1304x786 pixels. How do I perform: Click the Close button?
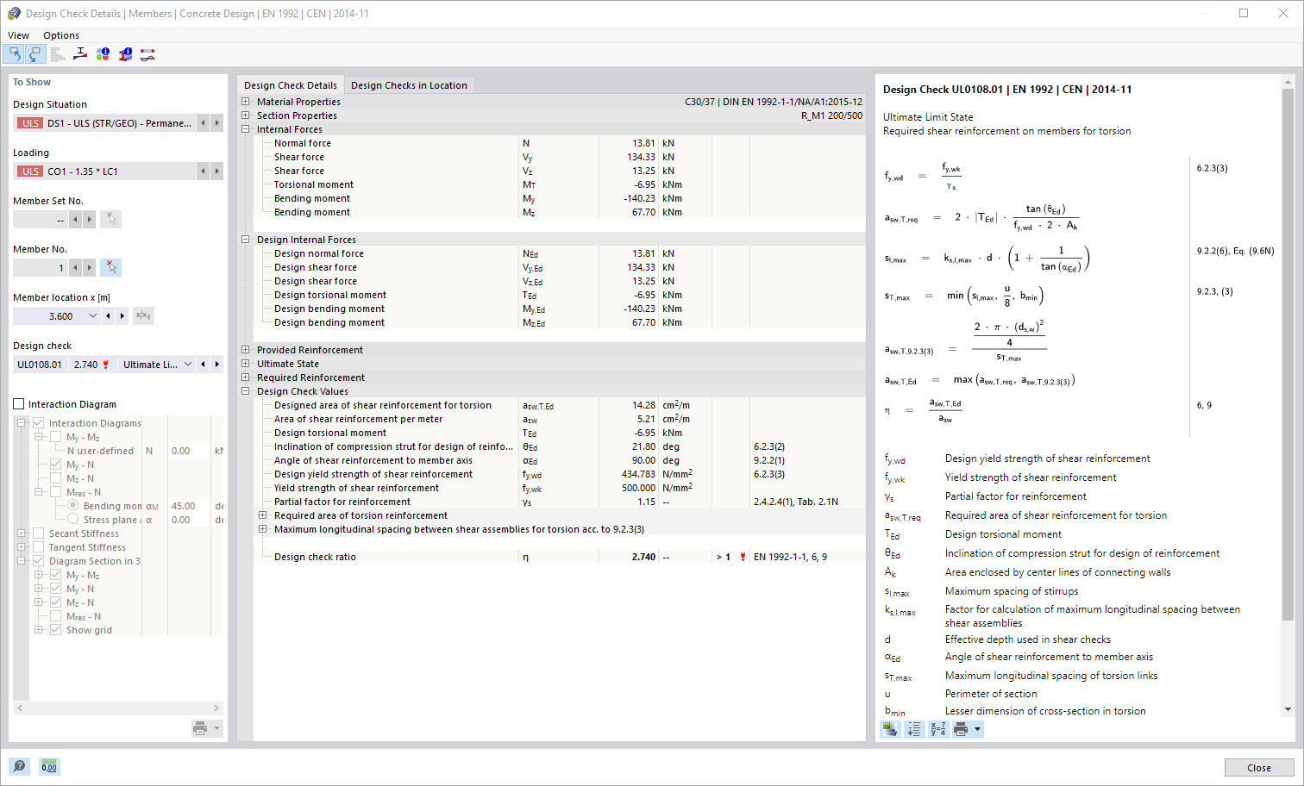tap(1258, 768)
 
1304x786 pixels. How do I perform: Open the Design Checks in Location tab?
tap(409, 85)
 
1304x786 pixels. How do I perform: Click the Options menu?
tap(61, 35)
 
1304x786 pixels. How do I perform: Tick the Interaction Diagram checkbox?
tap(19, 404)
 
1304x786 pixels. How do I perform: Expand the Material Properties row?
tap(246, 102)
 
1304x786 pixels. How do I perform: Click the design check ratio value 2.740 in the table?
tap(643, 557)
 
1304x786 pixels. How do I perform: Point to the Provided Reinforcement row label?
tap(310, 350)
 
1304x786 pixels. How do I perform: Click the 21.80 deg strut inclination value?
tap(643, 446)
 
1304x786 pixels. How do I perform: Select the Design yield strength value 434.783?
tap(638, 474)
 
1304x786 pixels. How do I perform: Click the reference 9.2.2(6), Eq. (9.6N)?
tap(1235, 251)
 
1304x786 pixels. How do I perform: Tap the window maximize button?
tap(1244, 13)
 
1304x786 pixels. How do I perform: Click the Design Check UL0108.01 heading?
tap(1007, 90)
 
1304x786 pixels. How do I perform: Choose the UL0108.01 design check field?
tap(40, 365)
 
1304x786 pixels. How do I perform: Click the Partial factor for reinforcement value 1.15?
tap(646, 502)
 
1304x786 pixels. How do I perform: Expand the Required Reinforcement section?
tap(246, 377)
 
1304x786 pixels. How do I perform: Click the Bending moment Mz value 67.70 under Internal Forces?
tap(643, 212)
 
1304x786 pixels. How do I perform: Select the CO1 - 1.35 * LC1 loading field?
tap(105, 172)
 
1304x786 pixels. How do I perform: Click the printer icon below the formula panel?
tap(961, 730)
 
